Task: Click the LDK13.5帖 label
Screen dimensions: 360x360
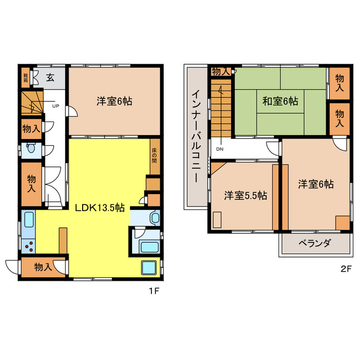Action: (100, 206)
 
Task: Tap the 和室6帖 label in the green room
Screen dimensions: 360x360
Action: (280, 102)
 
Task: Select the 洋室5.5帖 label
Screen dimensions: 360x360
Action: (245, 196)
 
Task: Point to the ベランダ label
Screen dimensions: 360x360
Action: (316, 243)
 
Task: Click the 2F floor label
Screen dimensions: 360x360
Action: (345, 268)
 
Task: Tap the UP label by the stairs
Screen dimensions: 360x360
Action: (56, 106)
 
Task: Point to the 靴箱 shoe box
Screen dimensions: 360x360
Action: (25, 77)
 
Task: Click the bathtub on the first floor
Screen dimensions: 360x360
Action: (148, 246)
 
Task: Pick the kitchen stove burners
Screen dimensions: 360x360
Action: (28, 245)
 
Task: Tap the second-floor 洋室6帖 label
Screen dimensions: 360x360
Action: (316, 184)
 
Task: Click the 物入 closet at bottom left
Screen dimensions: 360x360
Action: (43, 267)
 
